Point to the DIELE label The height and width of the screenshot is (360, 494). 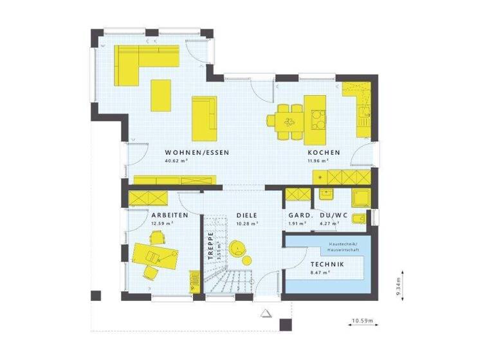click(x=246, y=215)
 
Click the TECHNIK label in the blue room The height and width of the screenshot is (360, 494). click(x=327, y=265)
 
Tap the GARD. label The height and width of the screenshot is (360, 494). click(x=300, y=215)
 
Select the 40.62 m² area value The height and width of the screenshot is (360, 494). click(x=176, y=161)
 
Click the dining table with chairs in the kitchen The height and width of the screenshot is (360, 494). click(x=288, y=120)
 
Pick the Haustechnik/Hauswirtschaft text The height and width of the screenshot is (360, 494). click(x=346, y=248)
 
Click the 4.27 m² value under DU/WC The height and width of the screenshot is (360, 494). click(x=329, y=224)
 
